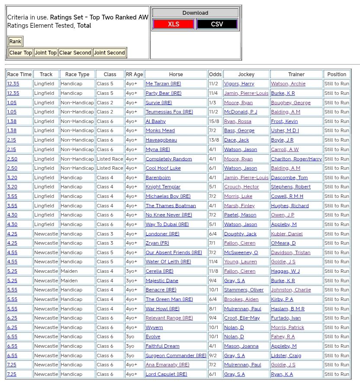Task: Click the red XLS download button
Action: pos(174,24)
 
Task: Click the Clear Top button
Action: pos(21,53)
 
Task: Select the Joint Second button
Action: pos(109,53)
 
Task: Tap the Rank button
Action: pos(15,42)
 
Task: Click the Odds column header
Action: pos(215,74)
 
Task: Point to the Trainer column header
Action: pos(296,74)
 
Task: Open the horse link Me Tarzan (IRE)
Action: pos(163,84)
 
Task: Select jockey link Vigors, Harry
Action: pos(239,84)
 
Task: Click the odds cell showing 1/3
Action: pos(213,103)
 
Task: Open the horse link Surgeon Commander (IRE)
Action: pos(176,356)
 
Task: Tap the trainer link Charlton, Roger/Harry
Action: pos(296,159)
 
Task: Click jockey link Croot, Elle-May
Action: pos(242,318)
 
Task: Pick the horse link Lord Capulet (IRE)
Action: pos(166,374)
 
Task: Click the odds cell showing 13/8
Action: pos(215,140)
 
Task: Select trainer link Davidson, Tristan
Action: pos(290,252)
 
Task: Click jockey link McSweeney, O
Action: pos(241,252)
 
